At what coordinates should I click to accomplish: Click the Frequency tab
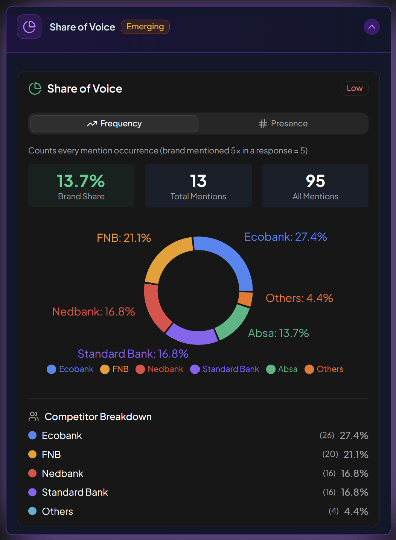pyautogui.click(x=114, y=124)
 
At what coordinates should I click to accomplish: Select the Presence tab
pyautogui.click(x=283, y=124)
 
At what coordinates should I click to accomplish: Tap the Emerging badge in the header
pyautogui.click(x=145, y=27)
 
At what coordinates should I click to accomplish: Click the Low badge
pyautogui.click(x=354, y=88)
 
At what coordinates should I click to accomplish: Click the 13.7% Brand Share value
pyautogui.click(x=81, y=181)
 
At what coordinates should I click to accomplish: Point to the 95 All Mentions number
pyautogui.click(x=315, y=181)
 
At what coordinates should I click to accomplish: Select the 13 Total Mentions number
pyautogui.click(x=198, y=181)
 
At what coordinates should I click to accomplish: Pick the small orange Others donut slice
pyautogui.click(x=245, y=299)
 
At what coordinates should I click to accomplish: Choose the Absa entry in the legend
pyautogui.click(x=282, y=369)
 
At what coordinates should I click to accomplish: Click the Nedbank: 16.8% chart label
pyautogui.click(x=93, y=312)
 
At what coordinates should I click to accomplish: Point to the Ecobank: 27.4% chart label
pyautogui.click(x=285, y=237)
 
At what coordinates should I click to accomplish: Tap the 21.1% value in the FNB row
pyautogui.click(x=356, y=455)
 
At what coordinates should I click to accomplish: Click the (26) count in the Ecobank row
pyautogui.click(x=327, y=435)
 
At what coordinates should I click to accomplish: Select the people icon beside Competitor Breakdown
pyautogui.click(x=34, y=417)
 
